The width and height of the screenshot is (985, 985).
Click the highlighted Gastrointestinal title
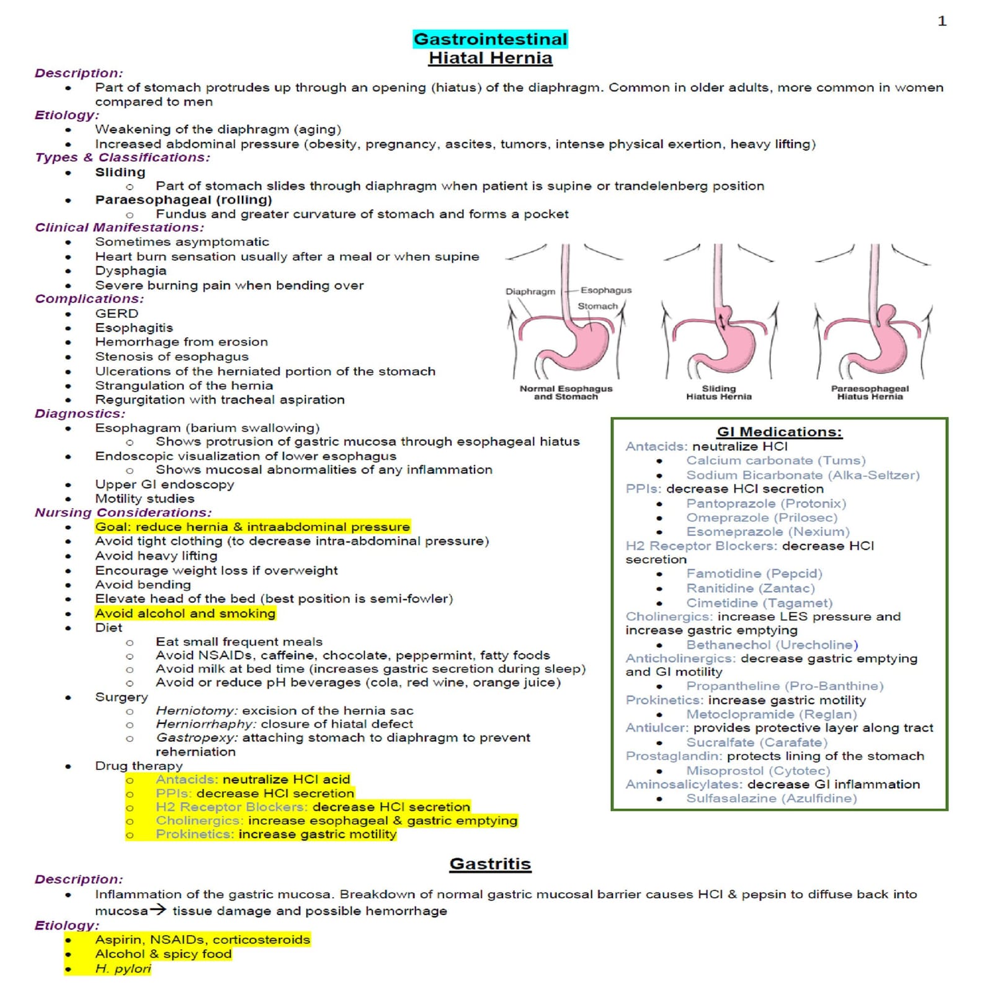pyautogui.click(x=490, y=39)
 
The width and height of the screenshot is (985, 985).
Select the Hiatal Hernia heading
pyautogui.click(x=490, y=58)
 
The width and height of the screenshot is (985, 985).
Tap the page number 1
pyautogui.click(x=942, y=21)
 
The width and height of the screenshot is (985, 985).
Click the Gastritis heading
pyautogui.click(x=490, y=863)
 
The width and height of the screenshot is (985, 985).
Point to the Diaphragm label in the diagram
pyautogui.click(x=530, y=292)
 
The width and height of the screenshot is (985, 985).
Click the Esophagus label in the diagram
pyautogui.click(x=605, y=290)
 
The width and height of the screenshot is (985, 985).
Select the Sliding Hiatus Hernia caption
pyautogui.click(x=718, y=393)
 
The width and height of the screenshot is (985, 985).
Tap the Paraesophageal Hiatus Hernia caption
pyautogui.click(x=870, y=393)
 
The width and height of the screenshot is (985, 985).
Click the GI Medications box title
pyautogui.click(x=779, y=432)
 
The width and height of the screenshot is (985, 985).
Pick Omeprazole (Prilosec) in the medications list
pyautogui.click(x=761, y=517)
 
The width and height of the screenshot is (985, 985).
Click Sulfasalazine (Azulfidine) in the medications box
pyautogui.click(x=771, y=798)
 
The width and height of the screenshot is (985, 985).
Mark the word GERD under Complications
pyautogui.click(x=117, y=313)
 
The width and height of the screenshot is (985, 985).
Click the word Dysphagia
pyautogui.click(x=130, y=270)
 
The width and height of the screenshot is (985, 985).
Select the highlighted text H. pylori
pyautogui.click(x=123, y=968)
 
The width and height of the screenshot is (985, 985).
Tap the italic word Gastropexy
pyautogui.click(x=197, y=738)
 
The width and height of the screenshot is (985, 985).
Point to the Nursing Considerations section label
pyautogui.click(x=123, y=512)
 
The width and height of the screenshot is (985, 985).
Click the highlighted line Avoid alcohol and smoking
pyautogui.click(x=185, y=613)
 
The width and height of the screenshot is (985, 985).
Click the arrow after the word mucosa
pyautogui.click(x=158, y=910)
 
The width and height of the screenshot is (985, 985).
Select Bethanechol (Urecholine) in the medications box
pyautogui.click(x=772, y=644)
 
